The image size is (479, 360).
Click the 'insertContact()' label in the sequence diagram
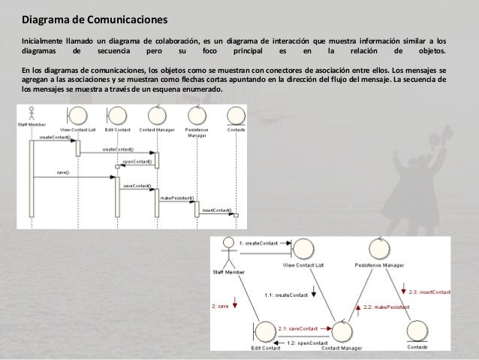[x=216, y=210]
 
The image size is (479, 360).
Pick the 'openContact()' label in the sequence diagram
[x=137, y=161]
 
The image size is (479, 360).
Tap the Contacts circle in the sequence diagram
[x=237, y=116]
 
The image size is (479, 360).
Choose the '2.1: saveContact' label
[x=298, y=328]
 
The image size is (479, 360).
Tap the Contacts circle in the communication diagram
[x=417, y=330]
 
